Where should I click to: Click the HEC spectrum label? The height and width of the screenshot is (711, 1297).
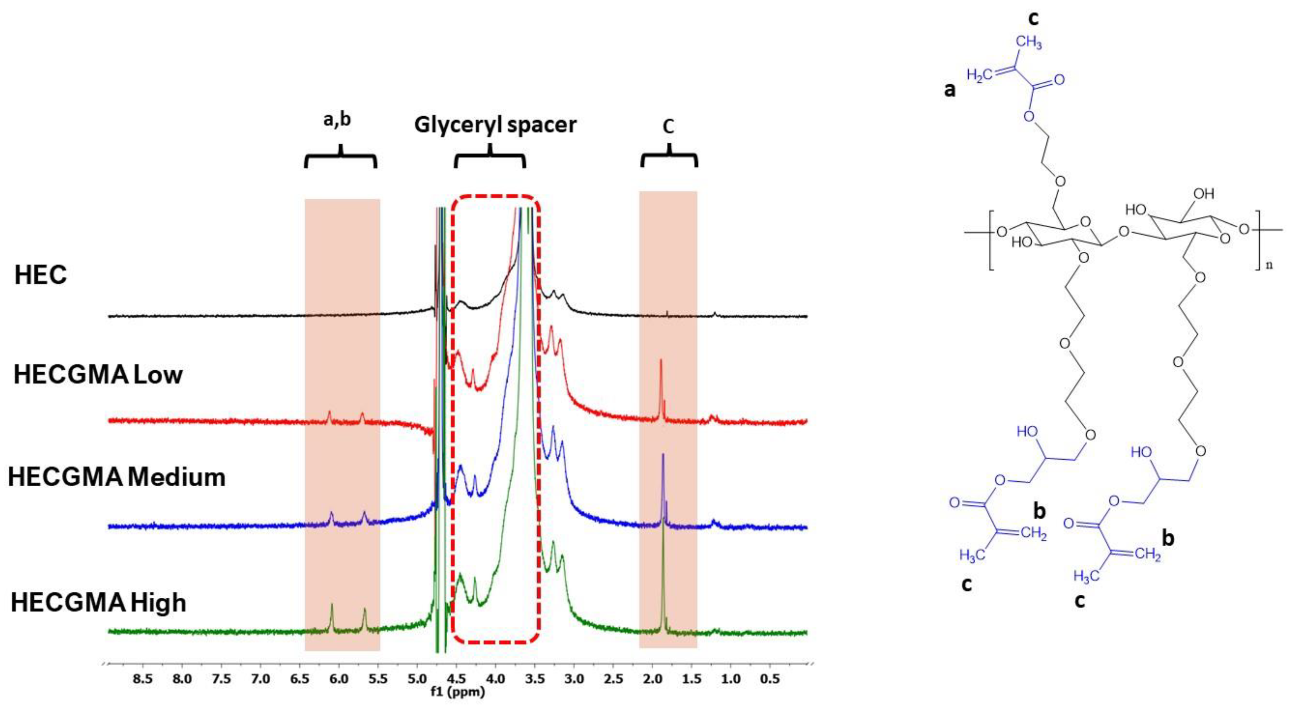click(x=40, y=276)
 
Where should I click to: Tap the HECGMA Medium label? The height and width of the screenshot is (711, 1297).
click(x=116, y=477)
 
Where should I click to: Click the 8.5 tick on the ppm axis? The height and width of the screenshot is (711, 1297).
click(x=142, y=679)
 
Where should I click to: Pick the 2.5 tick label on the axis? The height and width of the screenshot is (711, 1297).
click(x=613, y=679)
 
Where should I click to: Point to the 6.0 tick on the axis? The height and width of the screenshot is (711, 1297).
click(x=339, y=679)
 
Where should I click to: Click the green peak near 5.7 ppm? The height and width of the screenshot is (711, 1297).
click(x=364, y=613)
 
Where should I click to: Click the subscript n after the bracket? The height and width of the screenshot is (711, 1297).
click(x=1269, y=265)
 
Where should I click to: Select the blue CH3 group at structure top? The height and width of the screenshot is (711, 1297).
click(x=1028, y=43)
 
